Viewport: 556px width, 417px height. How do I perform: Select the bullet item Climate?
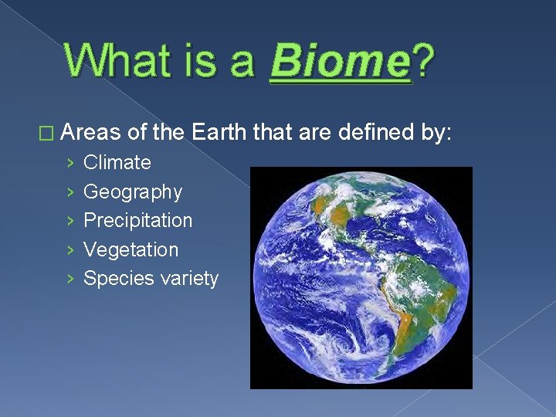point(117,162)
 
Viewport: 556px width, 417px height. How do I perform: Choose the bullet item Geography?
point(132,192)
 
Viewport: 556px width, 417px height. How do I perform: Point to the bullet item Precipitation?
point(137,220)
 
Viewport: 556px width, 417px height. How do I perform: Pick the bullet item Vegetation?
point(131,249)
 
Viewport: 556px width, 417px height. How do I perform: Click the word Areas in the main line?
point(92,132)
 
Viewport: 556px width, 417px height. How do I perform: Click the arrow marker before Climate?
point(70,163)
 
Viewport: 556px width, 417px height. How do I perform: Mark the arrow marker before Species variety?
point(70,279)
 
